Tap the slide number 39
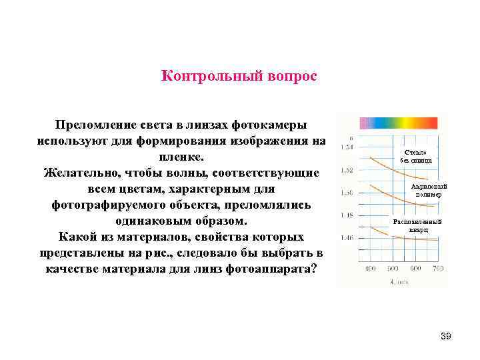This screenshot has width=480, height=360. [446, 337]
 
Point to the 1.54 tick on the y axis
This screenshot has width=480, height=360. [347, 147]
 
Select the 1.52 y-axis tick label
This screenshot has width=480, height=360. [347, 170]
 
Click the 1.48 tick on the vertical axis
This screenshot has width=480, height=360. [347, 215]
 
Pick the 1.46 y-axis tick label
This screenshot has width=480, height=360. [347, 238]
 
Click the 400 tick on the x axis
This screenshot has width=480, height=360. [371, 268]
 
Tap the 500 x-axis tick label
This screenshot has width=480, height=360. [393, 268]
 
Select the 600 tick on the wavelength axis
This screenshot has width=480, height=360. [415, 268]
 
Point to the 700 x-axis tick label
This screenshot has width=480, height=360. [437, 268]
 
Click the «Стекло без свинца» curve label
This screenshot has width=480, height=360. [416, 157]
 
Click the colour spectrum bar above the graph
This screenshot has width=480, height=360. [399, 123]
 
